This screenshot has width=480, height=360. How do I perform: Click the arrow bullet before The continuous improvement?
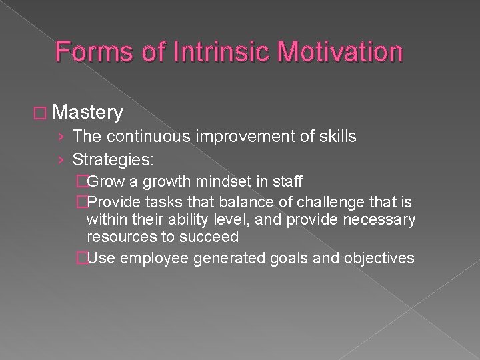(x=61, y=137)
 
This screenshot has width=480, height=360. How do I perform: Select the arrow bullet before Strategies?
(x=61, y=159)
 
